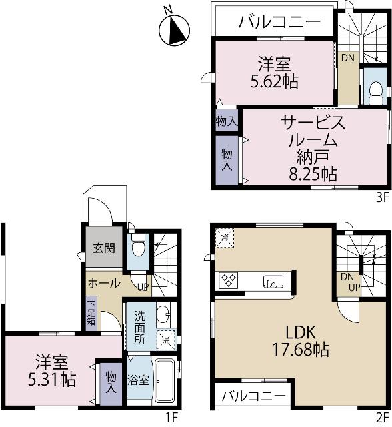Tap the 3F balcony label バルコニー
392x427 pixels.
pos(279,22)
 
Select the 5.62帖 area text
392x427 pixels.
pos(274,81)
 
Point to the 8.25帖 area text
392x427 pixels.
pos(313,175)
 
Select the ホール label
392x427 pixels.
pos(103,282)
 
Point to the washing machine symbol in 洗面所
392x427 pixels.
pos(165,339)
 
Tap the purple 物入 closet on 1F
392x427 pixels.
pos(111,382)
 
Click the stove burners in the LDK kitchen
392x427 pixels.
pos(229,280)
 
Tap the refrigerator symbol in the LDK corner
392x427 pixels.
pos(225,238)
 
